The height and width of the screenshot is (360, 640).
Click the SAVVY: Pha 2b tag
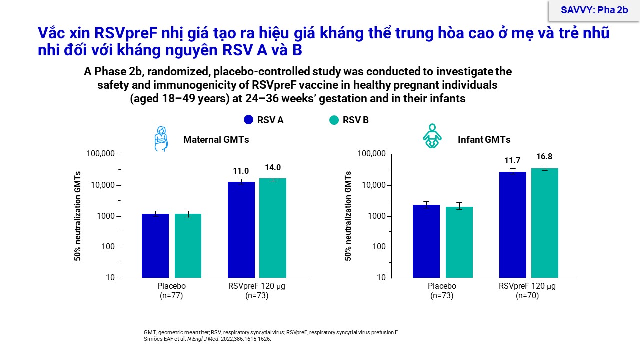593,10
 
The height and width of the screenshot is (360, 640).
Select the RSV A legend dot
248,120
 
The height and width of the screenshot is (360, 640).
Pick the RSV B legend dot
334,120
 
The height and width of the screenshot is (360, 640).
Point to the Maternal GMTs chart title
216,140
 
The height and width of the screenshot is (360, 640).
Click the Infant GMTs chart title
484,140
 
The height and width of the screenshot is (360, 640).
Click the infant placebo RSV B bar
459,242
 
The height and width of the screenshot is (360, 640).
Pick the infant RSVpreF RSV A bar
512,225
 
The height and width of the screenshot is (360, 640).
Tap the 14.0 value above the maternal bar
273,168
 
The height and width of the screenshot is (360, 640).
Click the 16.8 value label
544,156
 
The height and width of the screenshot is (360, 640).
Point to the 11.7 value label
512,160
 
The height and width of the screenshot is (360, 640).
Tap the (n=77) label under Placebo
171,296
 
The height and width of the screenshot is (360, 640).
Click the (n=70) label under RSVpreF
527,296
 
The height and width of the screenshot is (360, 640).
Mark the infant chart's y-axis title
348,216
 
